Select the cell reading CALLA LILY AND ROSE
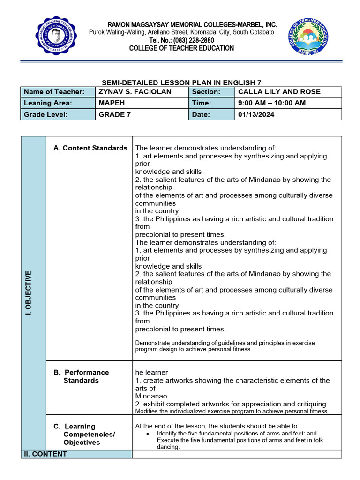point(273,92)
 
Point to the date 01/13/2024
point(256,114)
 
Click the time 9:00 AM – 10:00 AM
point(272,103)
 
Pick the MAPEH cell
point(112,103)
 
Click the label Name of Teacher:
point(54,92)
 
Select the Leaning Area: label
point(48,103)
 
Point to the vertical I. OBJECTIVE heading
point(28,292)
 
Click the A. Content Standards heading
point(90,148)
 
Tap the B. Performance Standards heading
point(81,376)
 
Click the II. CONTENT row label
point(45,454)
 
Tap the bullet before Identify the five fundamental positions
point(148,434)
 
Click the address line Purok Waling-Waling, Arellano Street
point(181,32)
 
